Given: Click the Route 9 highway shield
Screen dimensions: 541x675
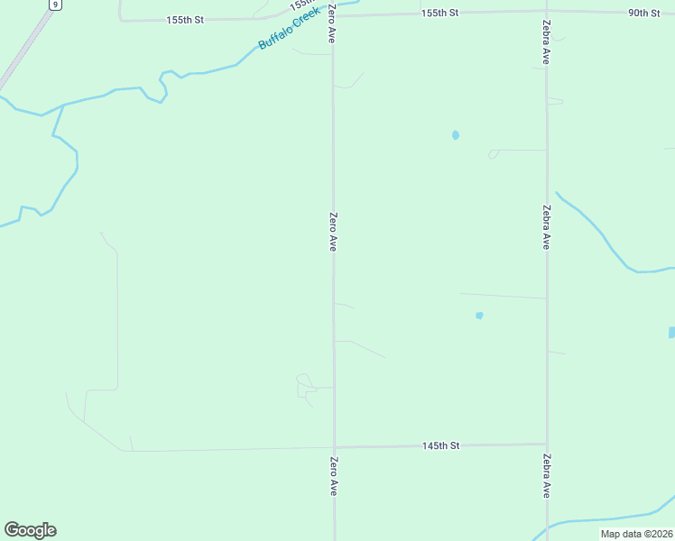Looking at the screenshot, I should [x=56, y=5].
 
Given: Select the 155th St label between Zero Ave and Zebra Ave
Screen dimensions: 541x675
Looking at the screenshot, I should [x=440, y=13].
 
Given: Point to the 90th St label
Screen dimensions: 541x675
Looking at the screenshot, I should [x=644, y=13].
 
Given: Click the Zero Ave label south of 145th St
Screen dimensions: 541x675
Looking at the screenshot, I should [x=333, y=476].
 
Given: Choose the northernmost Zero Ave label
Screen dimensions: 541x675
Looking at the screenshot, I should [x=333, y=24].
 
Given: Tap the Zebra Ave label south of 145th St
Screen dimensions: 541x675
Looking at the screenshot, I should [x=547, y=476].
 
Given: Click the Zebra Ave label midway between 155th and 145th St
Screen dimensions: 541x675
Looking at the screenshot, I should [x=547, y=226].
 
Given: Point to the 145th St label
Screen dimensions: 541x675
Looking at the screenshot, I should [x=441, y=445].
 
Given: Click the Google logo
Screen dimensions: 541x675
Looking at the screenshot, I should [x=30, y=530].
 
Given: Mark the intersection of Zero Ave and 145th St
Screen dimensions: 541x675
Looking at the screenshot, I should [x=334, y=447].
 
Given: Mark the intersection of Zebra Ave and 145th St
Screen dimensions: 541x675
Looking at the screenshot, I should [x=547, y=445].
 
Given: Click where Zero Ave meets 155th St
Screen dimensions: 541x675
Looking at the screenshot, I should [x=333, y=15].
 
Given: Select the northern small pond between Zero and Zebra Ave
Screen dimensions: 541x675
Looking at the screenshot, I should [x=455, y=135].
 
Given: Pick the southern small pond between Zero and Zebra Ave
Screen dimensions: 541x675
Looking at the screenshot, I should [x=479, y=316].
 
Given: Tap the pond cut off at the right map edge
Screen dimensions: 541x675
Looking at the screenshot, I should [x=671, y=333].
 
